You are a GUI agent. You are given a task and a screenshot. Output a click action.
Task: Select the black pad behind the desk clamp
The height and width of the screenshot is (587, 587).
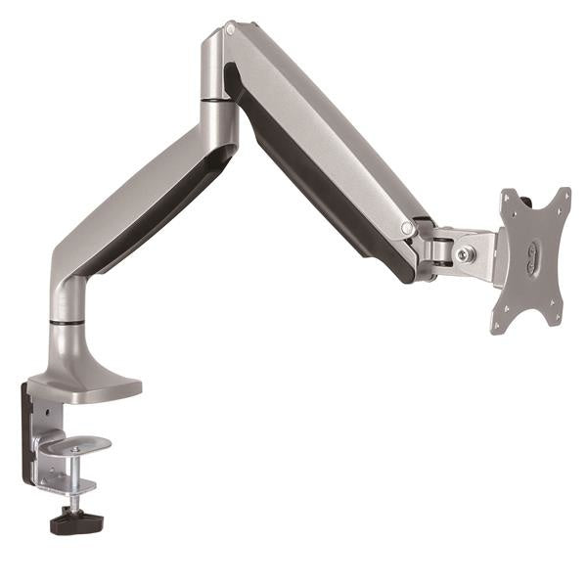(x=27, y=430)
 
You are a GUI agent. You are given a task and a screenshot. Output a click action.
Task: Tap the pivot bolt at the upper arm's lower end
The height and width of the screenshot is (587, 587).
(x=407, y=228)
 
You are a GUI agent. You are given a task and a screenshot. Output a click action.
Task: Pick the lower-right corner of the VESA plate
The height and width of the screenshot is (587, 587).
(x=556, y=322)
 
